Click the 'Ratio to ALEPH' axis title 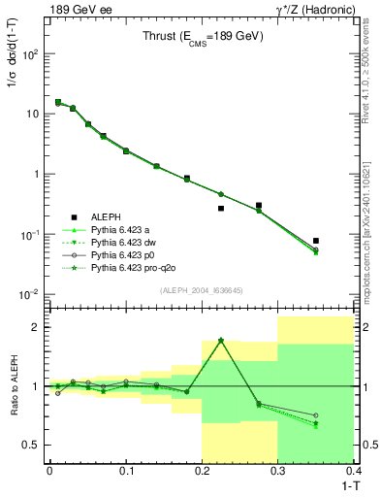(x=12, y=385)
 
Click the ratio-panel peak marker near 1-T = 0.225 (x=221, y=340)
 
